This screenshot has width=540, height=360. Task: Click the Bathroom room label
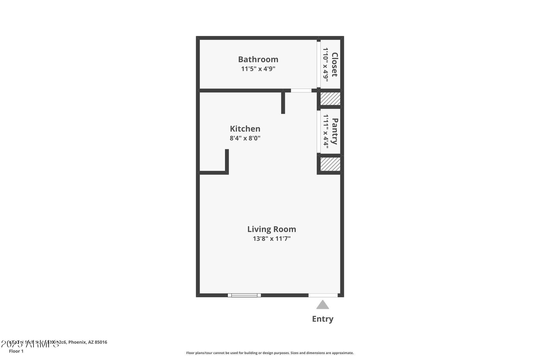tap(258, 59)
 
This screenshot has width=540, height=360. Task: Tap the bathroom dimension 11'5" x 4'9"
tap(258, 69)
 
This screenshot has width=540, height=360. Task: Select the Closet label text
tap(334, 64)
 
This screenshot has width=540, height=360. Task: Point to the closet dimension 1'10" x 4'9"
tap(325, 64)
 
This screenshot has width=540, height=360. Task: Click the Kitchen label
tap(245, 129)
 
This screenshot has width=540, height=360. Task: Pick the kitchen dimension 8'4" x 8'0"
tap(245, 138)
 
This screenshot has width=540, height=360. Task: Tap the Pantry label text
tap(335, 131)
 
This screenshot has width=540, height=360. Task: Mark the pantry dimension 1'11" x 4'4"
tap(326, 131)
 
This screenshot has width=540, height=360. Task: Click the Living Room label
tap(271, 229)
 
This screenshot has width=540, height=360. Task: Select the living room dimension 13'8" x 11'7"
tap(271, 239)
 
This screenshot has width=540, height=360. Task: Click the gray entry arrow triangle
tap(323, 305)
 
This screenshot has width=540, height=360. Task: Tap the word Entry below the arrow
tap(323, 319)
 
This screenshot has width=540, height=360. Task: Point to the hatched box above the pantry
tap(330, 99)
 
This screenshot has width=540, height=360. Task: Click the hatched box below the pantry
tap(330, 164)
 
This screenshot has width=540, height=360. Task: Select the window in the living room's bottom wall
tap(244, 295)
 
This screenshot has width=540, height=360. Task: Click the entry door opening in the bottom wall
tap(323, 295)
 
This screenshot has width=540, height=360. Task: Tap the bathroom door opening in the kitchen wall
tap(301, 91)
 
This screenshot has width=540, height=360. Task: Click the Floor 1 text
tap(16, 351)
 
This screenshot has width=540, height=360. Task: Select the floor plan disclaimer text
tap(270, 353)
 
